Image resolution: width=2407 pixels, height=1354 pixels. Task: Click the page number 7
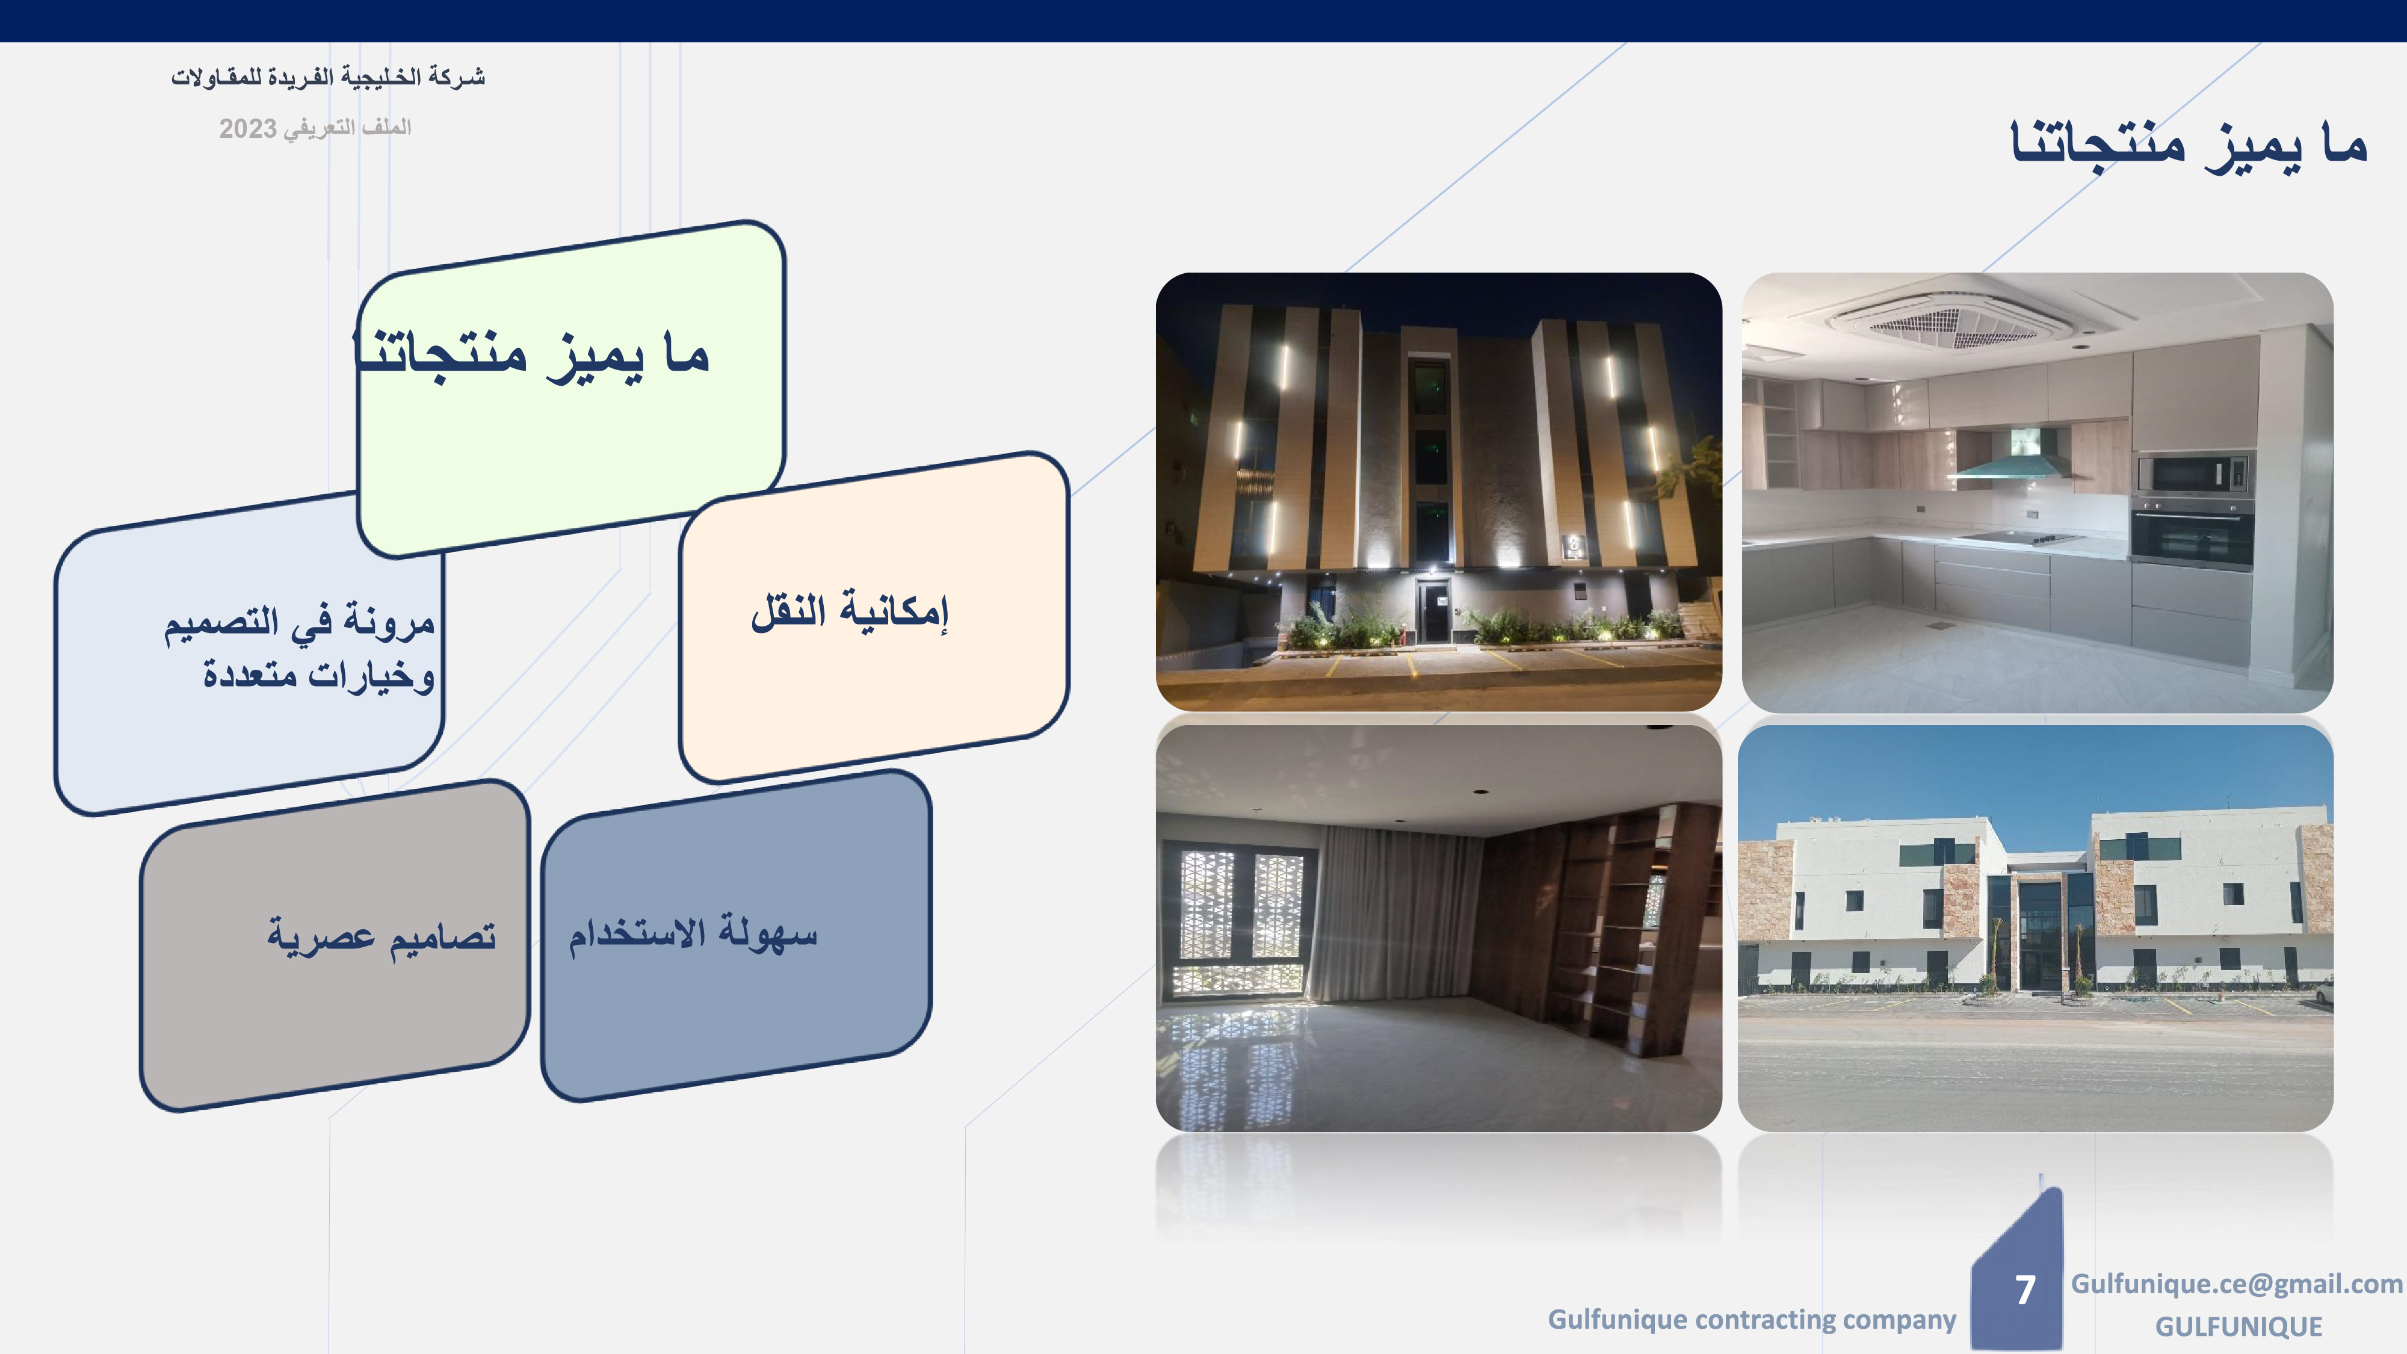tap(2025, 1290)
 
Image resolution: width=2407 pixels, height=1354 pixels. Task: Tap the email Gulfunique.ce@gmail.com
tap(2237, 1285)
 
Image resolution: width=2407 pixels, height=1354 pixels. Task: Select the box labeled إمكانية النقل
tap(874, 617)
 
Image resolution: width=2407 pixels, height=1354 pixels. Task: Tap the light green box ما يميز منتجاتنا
tap(571, 389)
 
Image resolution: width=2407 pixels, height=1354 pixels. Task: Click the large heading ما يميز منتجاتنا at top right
tap(2189, 146)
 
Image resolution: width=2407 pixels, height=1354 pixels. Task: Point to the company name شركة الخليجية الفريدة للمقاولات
tap(328, 76)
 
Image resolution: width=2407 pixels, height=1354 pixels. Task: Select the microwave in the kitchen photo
tap(2193, 474)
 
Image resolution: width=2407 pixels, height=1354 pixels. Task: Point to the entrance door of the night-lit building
tap(1432, 611)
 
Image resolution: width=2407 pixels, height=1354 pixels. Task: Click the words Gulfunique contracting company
tap(1751, 1320)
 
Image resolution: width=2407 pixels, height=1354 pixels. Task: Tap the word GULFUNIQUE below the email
tap(2238, 1327)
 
